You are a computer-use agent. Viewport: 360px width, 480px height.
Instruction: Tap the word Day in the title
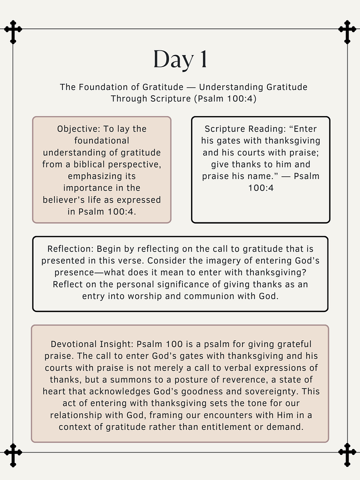pyautogui.click(x=172, y=59)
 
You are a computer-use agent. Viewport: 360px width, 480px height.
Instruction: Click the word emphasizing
pyautogui.click(x=102, y=176)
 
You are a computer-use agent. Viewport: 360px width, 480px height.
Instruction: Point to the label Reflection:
pyautogui.click(x=70, y=248)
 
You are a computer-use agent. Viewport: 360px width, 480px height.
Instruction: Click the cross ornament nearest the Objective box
pyautogui.click(x=13, y=32)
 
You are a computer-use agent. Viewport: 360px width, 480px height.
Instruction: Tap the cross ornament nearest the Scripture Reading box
pyautogui.click(x=347, y=32)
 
